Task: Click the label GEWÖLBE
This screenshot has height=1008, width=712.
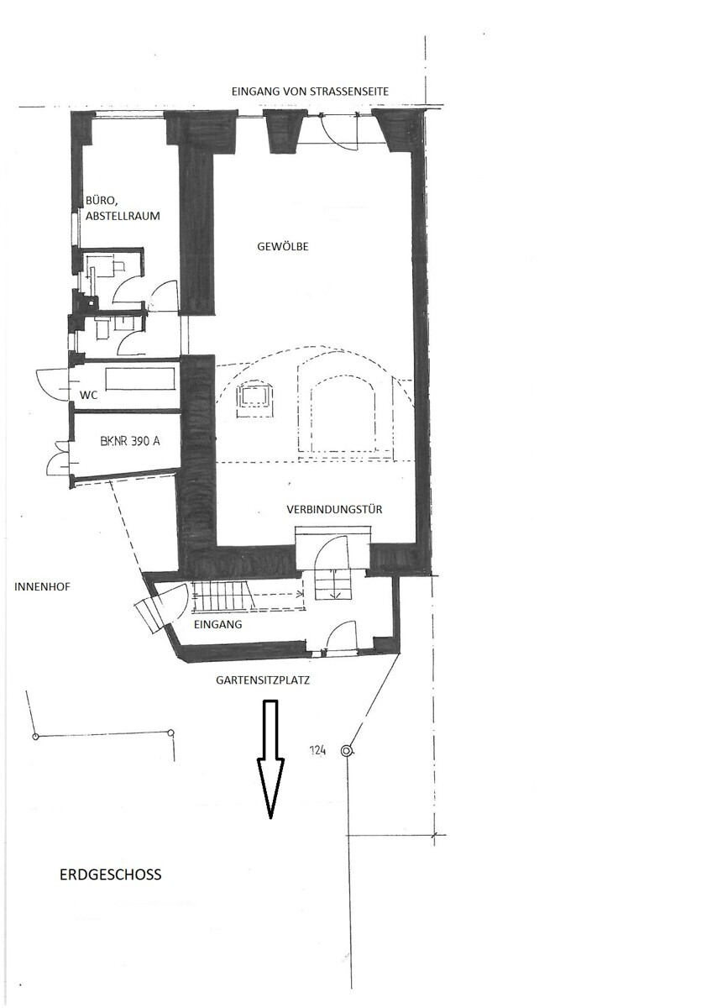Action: [284, 247]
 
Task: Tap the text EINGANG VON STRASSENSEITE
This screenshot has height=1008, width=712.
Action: [311, 92]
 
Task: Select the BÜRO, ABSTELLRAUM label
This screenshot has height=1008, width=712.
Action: [123, 208]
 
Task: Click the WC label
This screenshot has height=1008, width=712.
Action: [89, 394]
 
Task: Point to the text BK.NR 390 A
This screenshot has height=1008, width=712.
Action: [129, 440]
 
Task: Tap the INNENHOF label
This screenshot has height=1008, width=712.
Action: [42, 586]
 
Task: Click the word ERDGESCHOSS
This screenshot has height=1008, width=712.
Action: [110, 874]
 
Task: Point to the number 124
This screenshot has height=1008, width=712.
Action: [317, 752]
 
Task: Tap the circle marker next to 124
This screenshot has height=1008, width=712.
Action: [345, 751]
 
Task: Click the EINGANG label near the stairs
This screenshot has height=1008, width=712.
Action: [217, 625]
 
